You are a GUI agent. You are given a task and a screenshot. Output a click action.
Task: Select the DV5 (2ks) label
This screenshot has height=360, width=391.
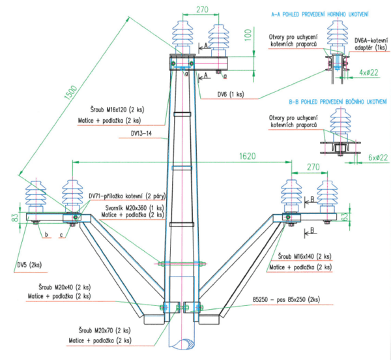point(29,265)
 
